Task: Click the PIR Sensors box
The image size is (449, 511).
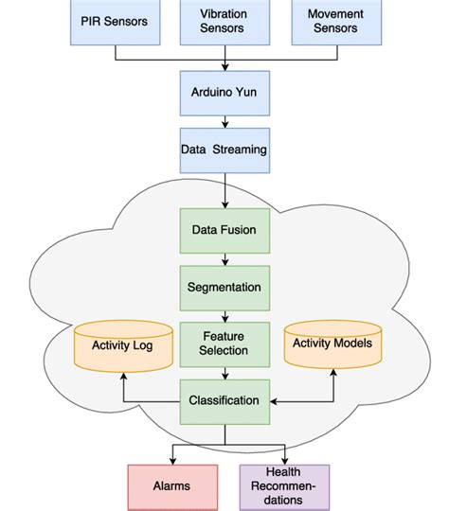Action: pos(115,22)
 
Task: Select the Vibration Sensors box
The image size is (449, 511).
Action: pos(224,22)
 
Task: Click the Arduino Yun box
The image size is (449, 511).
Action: pos(224,93)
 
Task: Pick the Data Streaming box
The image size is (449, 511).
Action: pos(224,150)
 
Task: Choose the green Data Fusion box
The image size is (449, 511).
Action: pos(224,229)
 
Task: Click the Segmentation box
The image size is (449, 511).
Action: pos(224,286)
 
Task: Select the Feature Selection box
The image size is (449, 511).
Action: pos(224,344)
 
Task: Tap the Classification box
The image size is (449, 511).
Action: pos(224,400)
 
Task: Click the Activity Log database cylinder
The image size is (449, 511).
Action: pos(123,346)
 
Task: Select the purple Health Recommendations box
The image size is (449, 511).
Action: pos(284,485)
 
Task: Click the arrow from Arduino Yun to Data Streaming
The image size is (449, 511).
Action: pos(224,121)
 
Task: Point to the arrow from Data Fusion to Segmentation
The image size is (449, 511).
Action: pos(224,257)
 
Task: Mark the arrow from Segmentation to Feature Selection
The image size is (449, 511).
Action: pos(224,314)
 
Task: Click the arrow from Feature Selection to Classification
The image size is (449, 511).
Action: pos(224,372)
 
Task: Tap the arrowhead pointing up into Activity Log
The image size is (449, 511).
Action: pos(123,375)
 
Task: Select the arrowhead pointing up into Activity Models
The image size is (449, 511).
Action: pos(332,373)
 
